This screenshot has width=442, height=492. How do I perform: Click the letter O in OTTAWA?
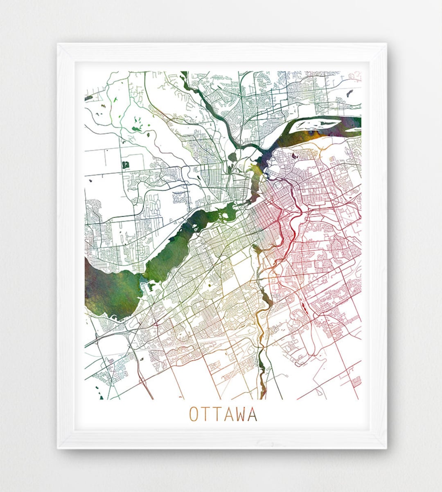click(193, 414)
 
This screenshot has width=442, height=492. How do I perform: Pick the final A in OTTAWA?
click(253, 414)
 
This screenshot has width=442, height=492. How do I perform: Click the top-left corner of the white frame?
click(58, 44)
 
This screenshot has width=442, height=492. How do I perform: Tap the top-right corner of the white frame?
click(386, 44)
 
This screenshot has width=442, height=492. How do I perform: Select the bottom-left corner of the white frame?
click(58, 448)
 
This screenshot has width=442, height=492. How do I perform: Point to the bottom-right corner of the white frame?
click(386, 448)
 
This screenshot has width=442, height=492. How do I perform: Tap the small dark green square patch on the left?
click(125, 165)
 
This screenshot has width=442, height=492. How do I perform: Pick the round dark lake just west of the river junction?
click(233, 156)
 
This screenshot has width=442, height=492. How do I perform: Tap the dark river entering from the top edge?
click(185, 78)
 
